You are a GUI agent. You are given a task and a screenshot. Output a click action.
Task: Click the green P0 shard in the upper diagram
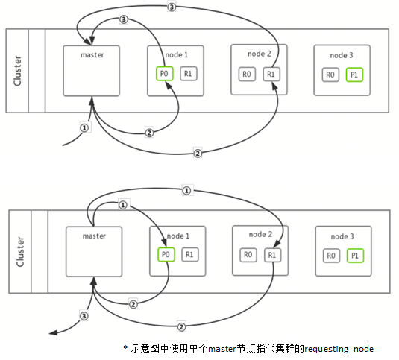point(165,75)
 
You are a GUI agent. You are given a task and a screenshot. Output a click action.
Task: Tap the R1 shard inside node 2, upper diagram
point(271,74)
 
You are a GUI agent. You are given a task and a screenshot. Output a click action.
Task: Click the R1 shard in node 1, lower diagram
point(190,255)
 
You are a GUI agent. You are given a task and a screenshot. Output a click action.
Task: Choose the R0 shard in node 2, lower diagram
point(248,254)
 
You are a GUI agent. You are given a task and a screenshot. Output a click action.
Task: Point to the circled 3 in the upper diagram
point(172,7)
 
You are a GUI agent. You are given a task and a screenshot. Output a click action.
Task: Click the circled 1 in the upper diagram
point(84,127)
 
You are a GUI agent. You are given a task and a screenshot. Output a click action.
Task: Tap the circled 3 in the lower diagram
point(84,316)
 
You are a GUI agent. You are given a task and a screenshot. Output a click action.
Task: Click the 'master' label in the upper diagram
point(92,54)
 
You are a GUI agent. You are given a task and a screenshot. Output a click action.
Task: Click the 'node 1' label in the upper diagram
point(176,56)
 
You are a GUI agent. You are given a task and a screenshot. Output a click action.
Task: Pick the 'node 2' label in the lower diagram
point(260,235)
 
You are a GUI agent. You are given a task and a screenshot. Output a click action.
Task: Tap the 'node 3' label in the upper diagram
point(343,56)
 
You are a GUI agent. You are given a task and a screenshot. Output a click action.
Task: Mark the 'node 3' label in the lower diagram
point(344,236)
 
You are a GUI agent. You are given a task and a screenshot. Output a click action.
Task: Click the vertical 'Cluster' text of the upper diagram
point(18,71)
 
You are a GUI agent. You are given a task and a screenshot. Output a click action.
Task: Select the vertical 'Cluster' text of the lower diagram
point(20,251)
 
